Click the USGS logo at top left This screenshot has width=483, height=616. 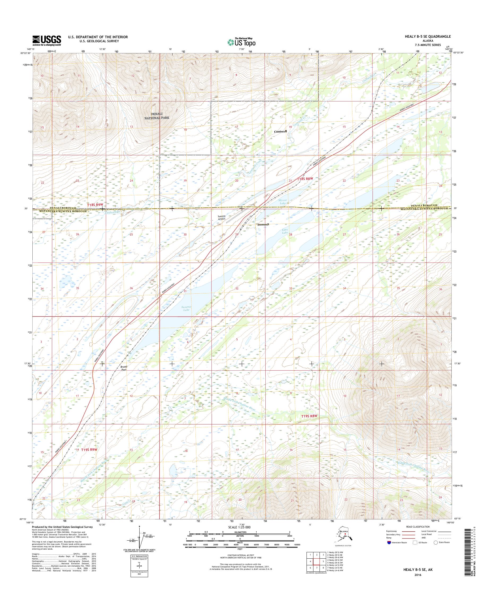coord(47,40)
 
